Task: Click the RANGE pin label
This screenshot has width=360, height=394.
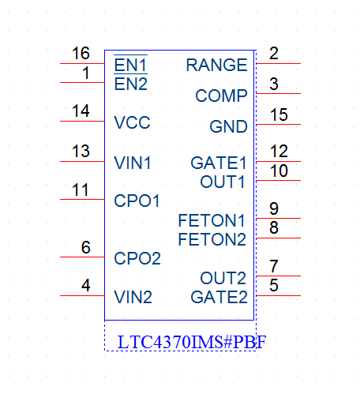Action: coord(216,65)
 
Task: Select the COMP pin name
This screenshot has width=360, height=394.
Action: coord(221,96)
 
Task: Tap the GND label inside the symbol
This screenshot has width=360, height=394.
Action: coord(228,126)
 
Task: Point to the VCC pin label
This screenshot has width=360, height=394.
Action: coord(132,122)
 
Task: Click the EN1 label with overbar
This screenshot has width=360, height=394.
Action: coord(130,64)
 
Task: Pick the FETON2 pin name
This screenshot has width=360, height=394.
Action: coord(212,239)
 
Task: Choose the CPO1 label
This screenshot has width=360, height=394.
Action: coord(137,201)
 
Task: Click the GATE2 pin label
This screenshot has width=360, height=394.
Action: coord(219,297)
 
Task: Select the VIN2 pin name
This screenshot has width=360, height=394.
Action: coord(133,297)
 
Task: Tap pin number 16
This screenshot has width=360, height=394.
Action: coord(81,53)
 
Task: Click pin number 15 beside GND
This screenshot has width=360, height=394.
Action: coord(279,114)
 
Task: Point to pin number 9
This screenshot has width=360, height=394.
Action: coord(274,208)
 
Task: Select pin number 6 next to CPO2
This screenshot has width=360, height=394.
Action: coord(86,247)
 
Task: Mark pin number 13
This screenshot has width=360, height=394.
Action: coord(81,151)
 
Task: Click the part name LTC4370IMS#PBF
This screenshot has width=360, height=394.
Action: coord(192,342)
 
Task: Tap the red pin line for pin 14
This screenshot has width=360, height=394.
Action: coord(82,121)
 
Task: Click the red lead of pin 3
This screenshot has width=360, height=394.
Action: coord(278,93)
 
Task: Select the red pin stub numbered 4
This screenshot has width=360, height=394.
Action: coord(82,295)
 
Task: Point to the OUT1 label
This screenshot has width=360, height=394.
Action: coord(223,182)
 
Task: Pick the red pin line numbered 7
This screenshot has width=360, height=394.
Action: coord(278,276)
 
